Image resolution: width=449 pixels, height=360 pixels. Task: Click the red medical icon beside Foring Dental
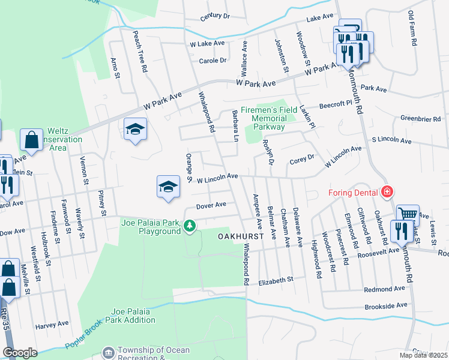388,192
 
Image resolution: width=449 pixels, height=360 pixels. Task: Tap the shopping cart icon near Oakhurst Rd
408,213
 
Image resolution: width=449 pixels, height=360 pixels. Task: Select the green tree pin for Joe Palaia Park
190,226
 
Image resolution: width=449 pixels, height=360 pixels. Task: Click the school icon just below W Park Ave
136,128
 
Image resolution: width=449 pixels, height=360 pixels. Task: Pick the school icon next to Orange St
169,186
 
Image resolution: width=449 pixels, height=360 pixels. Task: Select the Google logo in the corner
20,353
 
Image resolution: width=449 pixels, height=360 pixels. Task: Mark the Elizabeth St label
276,280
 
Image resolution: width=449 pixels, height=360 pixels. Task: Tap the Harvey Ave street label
52,324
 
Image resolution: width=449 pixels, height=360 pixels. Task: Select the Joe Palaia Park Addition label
133,316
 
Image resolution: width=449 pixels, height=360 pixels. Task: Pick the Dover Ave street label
211,205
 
